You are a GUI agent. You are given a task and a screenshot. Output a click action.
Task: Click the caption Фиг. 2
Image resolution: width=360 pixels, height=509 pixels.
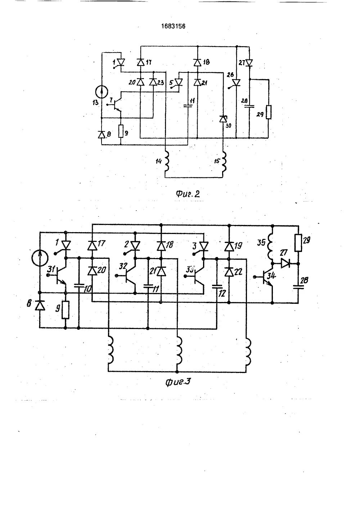point(188,194)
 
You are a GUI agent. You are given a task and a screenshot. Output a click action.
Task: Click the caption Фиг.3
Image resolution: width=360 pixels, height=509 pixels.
point(177,381)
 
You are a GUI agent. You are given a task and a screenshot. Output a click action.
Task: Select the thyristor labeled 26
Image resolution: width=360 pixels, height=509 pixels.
point(236,83)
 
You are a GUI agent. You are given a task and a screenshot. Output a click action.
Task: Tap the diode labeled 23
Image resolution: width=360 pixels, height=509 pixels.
point(153,82)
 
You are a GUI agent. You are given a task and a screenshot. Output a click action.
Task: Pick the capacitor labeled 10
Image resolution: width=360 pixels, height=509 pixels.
point(78,286)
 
